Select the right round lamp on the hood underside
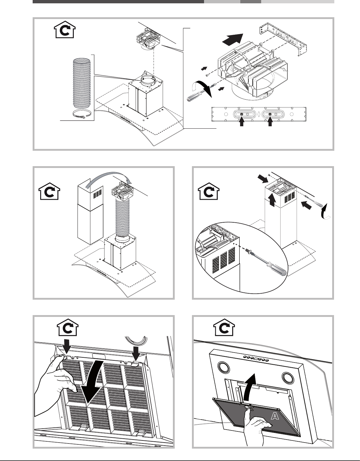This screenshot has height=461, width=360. coord(288,378)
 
